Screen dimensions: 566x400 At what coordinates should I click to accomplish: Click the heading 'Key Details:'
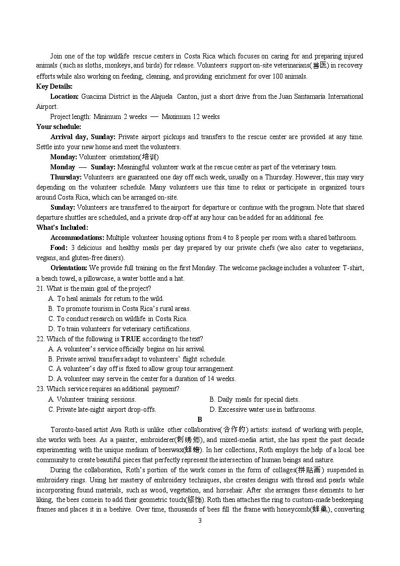54,86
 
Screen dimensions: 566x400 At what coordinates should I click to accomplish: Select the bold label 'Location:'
65,96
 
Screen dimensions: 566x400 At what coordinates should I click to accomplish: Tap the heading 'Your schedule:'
59,127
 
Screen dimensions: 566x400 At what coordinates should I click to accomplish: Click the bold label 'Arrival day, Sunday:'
83,137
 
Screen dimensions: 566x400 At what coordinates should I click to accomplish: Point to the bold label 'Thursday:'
66,177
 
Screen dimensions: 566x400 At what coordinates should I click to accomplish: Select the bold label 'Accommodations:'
77,237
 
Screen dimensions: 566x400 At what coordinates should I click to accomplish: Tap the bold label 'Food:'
59,247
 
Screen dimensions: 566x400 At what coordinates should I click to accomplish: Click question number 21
40,288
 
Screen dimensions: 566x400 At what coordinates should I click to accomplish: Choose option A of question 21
106,298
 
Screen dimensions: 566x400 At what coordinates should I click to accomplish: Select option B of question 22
137,359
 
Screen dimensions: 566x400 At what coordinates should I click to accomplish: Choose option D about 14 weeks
142,379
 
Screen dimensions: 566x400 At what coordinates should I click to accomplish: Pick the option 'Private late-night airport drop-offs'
102,409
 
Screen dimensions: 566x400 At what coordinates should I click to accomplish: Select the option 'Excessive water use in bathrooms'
262,409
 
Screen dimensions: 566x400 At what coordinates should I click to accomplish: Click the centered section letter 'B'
200,419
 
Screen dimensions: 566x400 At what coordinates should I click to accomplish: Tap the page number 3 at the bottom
200,521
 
